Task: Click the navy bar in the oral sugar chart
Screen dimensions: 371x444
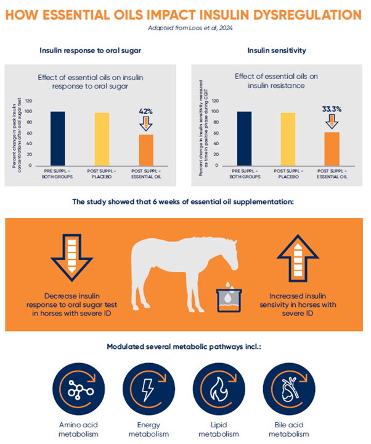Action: point(58,138)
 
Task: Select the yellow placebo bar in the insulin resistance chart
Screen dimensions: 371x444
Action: point(288,140)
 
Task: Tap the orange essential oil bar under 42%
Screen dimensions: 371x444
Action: point(146,150)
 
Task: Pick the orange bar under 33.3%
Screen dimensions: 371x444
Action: point(332,149)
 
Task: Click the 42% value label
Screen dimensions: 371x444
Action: point(145,111)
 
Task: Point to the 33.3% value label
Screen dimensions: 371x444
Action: point(332,109)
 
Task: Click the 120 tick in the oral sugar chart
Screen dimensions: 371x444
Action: point(28,101)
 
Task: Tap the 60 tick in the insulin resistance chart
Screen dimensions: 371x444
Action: point(216,133)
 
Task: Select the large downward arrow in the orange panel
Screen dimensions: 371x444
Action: point(71,258)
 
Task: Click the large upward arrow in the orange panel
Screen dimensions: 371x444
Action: point(298,258)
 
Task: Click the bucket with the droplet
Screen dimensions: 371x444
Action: point(229,299)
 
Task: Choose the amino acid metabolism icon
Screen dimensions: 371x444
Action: point(78,389)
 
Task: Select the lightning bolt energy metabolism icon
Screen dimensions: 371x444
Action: point(149,389)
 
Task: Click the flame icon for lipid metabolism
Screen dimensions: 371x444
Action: point(219,389)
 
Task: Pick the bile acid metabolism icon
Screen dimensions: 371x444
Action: point(289,389)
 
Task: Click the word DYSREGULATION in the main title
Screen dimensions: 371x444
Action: point(308,15)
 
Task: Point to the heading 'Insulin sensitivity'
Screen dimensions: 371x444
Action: point(277,51)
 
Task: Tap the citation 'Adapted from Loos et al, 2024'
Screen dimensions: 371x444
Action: point(190,28)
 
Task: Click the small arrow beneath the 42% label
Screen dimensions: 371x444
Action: point(146,124)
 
